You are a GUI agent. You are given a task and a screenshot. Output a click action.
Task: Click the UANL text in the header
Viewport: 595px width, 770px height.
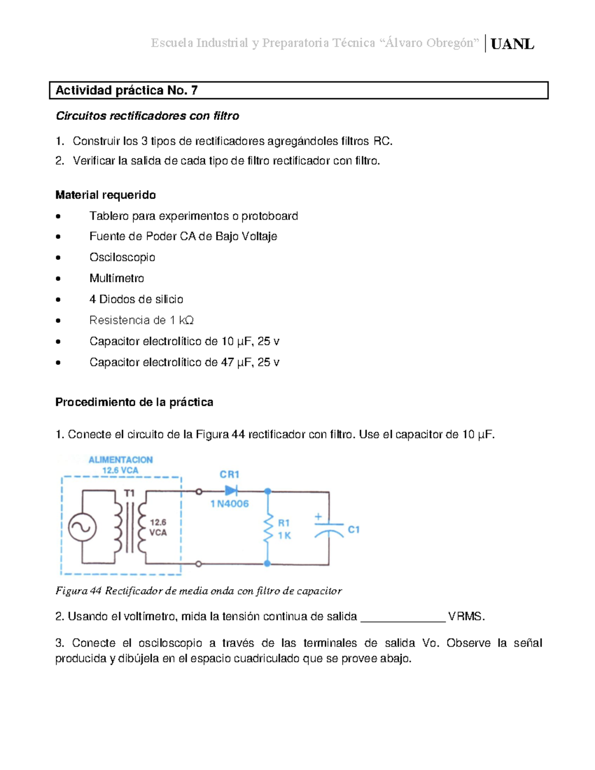512,44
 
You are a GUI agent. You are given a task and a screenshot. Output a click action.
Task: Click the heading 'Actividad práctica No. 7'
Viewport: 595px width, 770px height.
126,90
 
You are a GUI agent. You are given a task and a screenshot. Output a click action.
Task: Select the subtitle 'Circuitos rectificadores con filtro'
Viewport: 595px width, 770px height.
147,116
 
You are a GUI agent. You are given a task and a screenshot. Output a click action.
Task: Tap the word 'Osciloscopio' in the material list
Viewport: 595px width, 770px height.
122,257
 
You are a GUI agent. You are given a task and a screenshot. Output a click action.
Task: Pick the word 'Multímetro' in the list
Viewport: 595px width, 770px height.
117,278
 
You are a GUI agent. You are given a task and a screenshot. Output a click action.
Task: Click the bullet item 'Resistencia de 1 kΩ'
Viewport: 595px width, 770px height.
141,320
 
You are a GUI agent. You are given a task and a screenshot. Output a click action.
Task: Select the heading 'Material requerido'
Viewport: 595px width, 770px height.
106,195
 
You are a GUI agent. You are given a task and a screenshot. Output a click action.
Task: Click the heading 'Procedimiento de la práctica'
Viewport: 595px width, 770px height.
134,402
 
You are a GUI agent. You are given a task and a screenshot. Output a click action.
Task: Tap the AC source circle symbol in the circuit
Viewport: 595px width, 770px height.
82,528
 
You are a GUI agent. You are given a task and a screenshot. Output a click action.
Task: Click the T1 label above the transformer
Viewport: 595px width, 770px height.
129,493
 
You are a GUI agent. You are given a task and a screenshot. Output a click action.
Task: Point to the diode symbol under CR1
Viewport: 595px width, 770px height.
231,491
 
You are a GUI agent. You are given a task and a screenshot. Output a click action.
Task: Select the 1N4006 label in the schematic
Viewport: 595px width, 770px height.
230,504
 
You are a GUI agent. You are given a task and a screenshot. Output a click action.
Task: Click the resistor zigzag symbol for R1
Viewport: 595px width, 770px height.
268,529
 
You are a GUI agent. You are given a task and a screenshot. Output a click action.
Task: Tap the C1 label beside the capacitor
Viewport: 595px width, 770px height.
354,530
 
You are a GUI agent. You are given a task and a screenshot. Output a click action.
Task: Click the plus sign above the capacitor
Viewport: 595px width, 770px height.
318,517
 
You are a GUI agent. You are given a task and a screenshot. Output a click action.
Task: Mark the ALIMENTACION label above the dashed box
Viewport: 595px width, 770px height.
120,460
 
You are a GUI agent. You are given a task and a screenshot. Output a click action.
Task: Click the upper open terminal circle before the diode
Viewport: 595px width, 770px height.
199,491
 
